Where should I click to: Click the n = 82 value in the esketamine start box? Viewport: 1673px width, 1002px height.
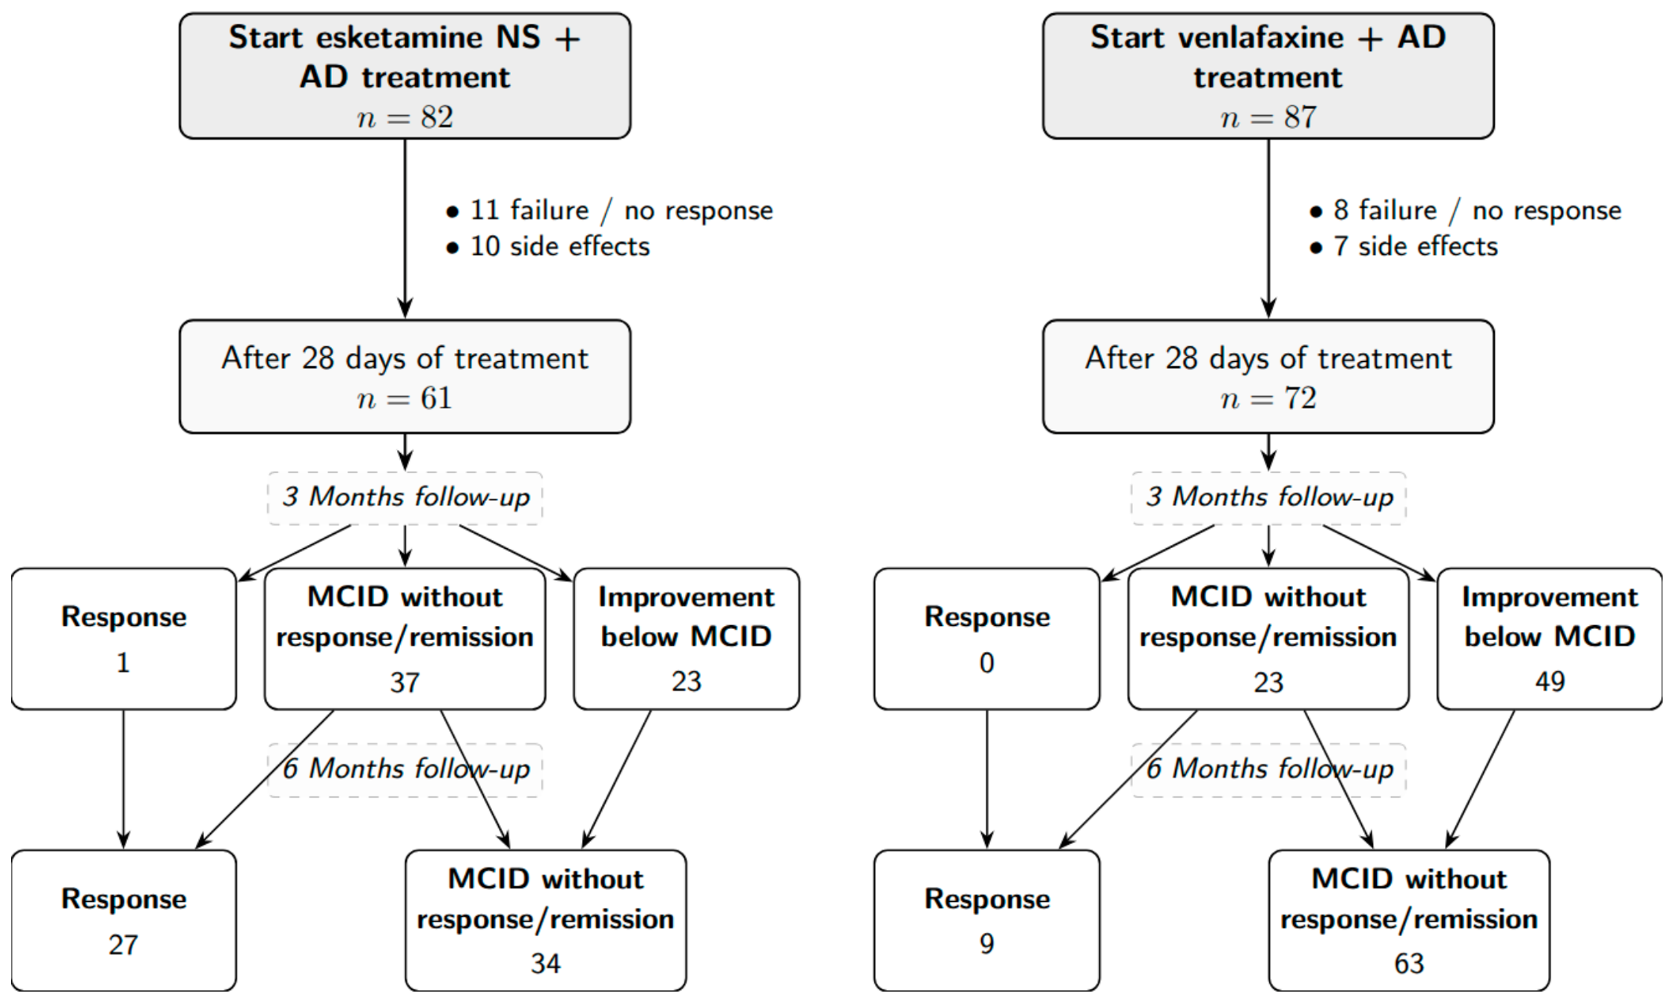405,117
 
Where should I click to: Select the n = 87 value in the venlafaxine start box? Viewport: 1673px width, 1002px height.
1269,117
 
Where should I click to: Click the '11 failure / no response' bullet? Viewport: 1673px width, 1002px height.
610,211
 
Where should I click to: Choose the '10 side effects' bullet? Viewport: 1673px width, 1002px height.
547,247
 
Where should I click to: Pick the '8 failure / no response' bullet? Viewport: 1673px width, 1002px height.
1465,211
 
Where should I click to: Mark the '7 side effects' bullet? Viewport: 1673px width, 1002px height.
1404,247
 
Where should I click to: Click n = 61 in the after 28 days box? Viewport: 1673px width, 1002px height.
405,399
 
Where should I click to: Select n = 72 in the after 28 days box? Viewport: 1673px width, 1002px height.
1269,399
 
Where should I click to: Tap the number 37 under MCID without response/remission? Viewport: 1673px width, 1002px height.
405,683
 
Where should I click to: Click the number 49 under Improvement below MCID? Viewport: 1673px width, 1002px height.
1550,681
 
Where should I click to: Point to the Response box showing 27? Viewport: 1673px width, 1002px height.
124,920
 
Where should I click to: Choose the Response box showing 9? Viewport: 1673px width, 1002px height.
987,920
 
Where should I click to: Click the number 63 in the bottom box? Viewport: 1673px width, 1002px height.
1409,964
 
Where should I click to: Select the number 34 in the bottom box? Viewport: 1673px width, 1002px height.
546,964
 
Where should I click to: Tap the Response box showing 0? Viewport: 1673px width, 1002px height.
987,639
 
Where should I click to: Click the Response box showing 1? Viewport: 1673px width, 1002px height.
124,639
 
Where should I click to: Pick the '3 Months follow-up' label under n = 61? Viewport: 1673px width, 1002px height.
405,497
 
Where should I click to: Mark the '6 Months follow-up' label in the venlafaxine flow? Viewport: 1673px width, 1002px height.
1269,769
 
